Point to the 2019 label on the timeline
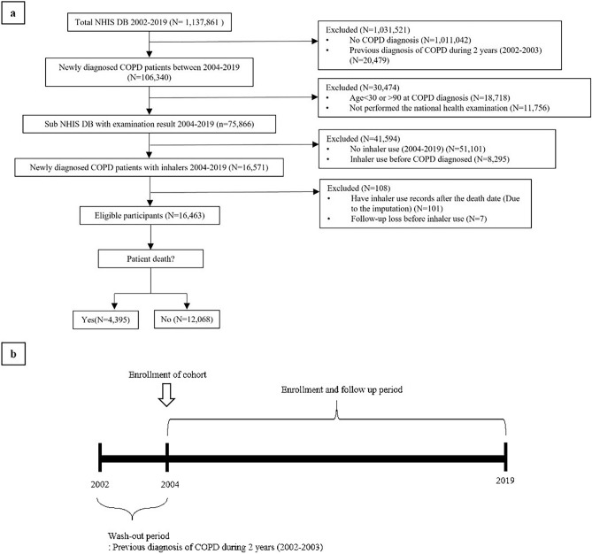[504, 480]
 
